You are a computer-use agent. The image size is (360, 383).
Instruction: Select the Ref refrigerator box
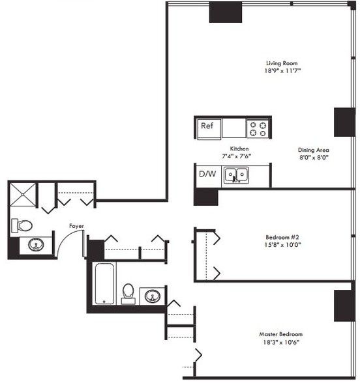(208, 126)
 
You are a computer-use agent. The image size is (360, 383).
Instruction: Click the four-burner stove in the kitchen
(258, 128)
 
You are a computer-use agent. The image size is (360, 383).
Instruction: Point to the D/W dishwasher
(207, 175)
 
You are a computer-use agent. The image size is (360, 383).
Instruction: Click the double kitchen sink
(235, 175)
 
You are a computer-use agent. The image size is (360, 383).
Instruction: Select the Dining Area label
(314, 149)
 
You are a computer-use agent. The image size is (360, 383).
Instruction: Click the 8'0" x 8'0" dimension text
(314, 157)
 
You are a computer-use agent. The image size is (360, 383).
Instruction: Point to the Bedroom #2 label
(284, 236)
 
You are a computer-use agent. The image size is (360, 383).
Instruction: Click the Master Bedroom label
(282, 333)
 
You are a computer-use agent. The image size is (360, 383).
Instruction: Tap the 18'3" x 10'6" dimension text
(282, 341)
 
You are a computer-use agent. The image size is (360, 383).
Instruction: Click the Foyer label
(77, 226)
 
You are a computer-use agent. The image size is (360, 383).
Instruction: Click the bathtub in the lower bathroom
(104, 284)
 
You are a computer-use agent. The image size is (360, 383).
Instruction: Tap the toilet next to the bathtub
(128, 292)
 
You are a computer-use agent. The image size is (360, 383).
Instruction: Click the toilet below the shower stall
(22, 225)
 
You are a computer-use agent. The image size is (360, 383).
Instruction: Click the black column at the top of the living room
(226, 13)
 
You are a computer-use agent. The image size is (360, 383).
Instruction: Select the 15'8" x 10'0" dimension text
(284, 245)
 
